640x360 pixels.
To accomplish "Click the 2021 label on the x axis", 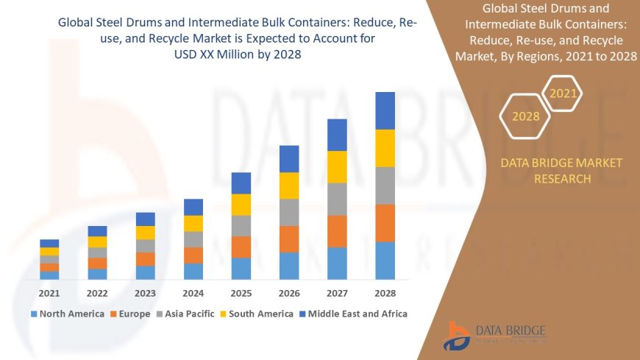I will click(49, 293).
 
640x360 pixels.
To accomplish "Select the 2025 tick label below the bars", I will click(241, 293).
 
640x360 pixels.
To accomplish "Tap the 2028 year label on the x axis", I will click(385, 293).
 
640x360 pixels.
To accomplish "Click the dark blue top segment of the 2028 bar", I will click(385, 110).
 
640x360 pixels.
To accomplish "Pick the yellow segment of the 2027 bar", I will click(337, 166).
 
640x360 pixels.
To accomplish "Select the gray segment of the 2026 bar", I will click(289, 212).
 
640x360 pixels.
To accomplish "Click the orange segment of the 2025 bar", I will click(241, 247).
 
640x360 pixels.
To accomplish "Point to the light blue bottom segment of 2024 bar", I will click(193, 271).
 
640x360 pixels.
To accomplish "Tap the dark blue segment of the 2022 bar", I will click(97, 231).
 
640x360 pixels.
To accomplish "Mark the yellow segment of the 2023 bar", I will click(145, 233).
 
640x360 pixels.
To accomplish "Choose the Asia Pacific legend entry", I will click(188, 314).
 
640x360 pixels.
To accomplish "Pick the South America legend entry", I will click(257, 314).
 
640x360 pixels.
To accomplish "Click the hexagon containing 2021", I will click(563, 93).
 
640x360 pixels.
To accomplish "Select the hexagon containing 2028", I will click(525, 116).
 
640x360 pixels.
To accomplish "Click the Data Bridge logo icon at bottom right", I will click(457, 336).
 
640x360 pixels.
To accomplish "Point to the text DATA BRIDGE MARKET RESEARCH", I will click(561, 170).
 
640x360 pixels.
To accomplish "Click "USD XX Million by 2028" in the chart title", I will click(236, 54).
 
